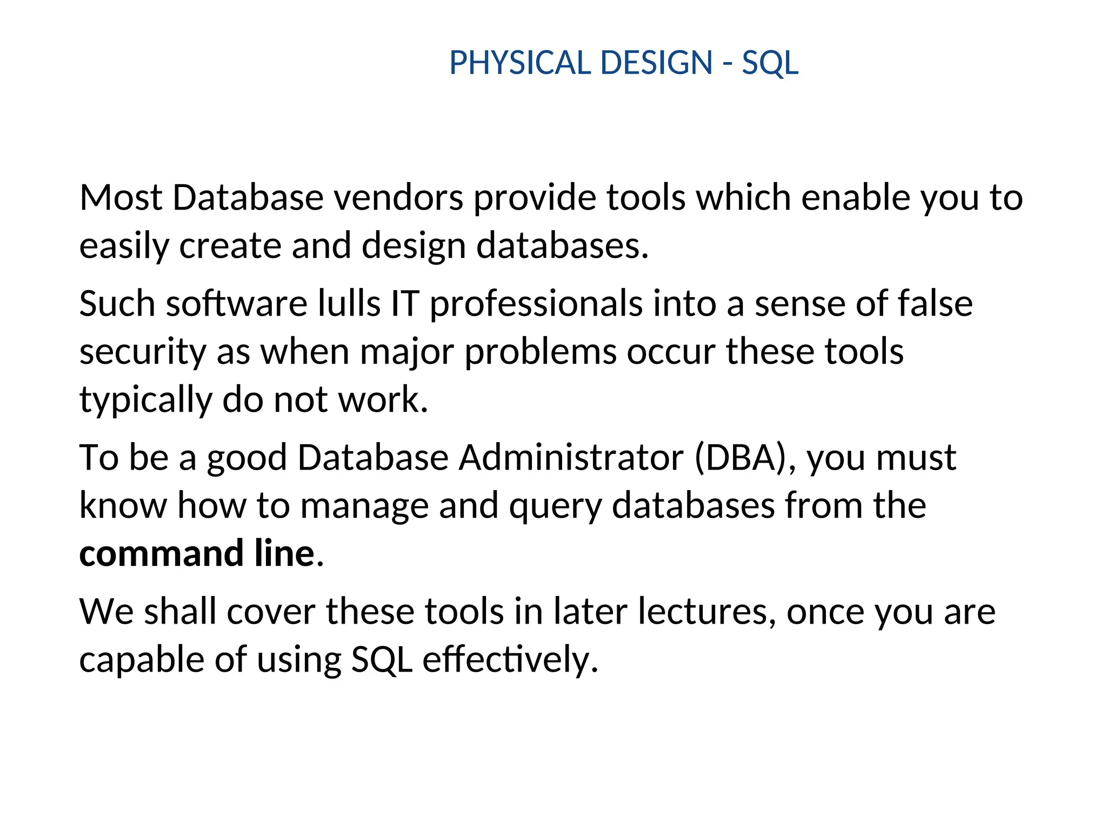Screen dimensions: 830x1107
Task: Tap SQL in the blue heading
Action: click(x=770, y=64)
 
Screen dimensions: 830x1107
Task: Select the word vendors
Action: click(x=398, y=198)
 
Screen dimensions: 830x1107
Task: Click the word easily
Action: click(x=124, y=246)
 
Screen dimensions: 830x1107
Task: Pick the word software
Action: click(x=237, y=303)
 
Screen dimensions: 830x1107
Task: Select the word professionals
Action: click(x=536, y=304)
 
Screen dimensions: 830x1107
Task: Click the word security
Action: click(x=143, y=352)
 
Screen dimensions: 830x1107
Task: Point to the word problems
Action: click(x=540, y=352)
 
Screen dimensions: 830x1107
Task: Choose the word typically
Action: click(x=145, y=400)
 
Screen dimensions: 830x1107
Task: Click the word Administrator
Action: click(x=571, y=458)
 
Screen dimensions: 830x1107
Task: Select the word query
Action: click(x=555, y=506)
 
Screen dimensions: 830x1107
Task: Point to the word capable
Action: click(x=142, y=660)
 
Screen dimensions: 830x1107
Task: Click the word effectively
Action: click(x=510, y=660)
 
